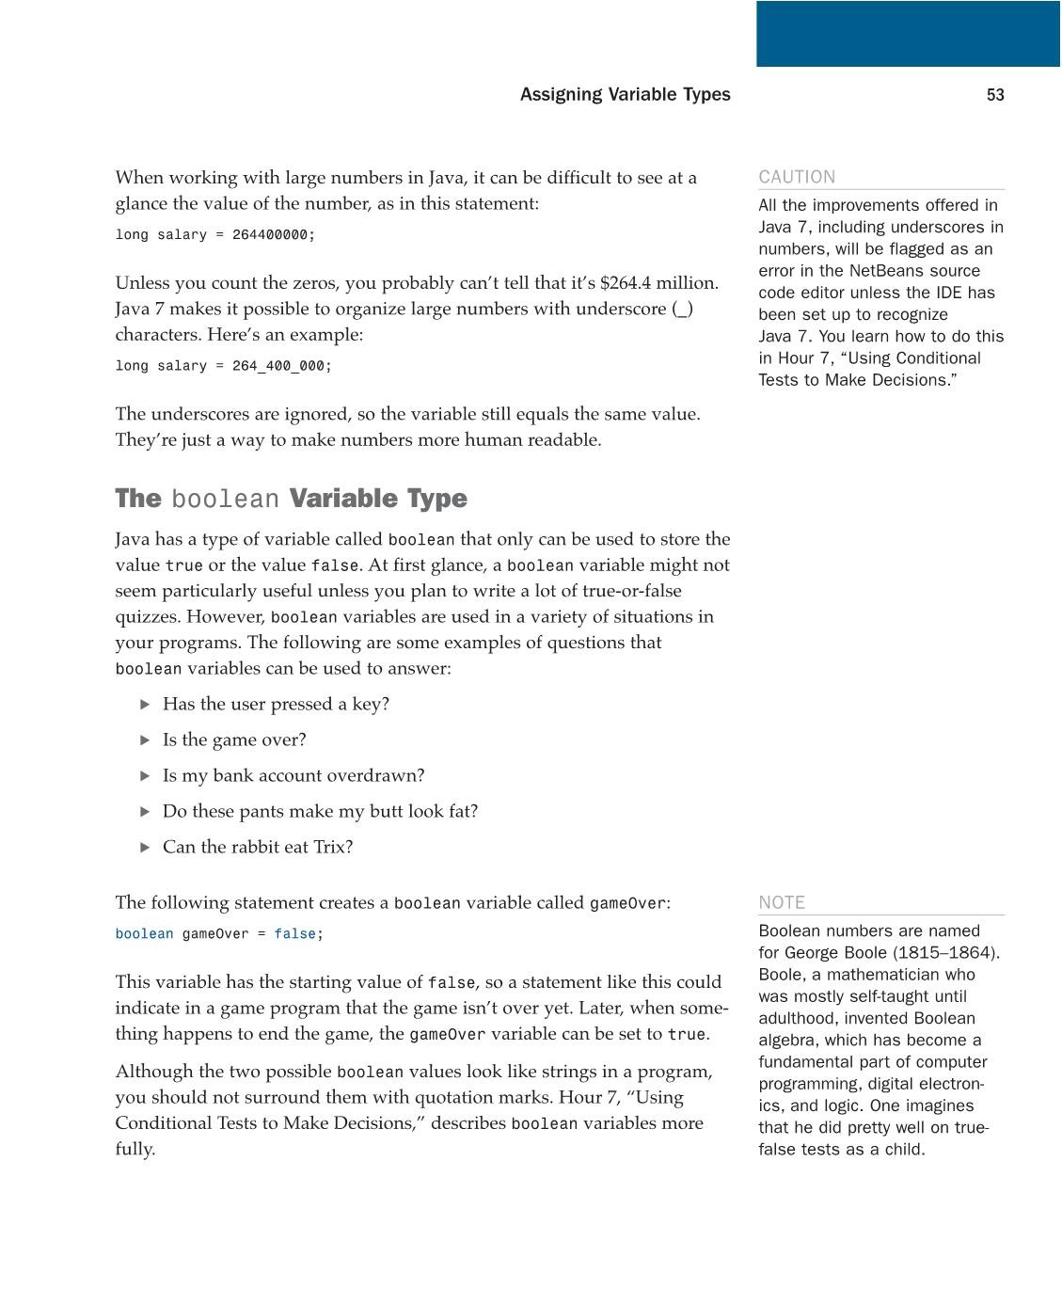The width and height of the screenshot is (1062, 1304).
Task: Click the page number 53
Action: (x=995, y=95)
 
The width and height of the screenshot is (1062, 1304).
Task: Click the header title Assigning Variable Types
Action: (x=625, y=95)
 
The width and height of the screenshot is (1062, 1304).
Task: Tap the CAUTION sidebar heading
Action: (x=797, y=177)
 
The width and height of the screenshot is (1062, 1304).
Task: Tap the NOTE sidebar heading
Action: (x=782, y=902)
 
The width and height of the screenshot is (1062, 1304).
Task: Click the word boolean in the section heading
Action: (x=225, y=500)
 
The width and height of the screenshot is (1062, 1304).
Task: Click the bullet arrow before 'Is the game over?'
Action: (x=145, y=739)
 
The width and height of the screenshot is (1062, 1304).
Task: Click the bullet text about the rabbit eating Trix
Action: (x=257, y=847)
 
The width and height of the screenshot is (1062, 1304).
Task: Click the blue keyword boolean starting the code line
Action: (x=144, y=934)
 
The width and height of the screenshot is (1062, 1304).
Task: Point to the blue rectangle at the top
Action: (x=908, y=34)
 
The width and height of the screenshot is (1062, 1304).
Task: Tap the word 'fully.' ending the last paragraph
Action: (x=135, y=1149)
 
